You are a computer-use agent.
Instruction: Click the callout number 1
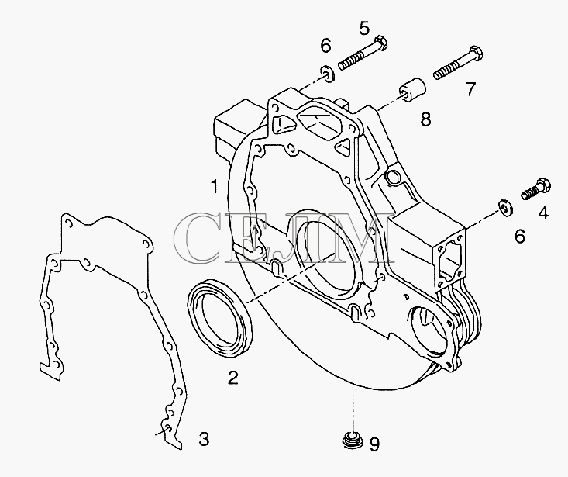(215, 187)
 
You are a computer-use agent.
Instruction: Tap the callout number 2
(233, 377)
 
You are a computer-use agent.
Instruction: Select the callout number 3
(204, 439)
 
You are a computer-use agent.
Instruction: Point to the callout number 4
(543, 213)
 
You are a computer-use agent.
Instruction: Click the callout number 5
(365, 28)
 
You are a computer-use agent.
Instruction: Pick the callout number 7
(470, 89)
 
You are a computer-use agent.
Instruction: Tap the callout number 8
(426, 119)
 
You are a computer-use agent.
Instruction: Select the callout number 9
(374, 444)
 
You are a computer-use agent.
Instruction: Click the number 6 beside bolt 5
(325, 46)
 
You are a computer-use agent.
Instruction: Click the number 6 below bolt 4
(520, 237)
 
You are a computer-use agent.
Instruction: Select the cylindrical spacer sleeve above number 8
(412, 89)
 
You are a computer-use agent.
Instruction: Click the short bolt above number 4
(536, 188)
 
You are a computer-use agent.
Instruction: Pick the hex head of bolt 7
(474, 54)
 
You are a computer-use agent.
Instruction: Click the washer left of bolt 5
(328, 74)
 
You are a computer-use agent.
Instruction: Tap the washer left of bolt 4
(505, 206)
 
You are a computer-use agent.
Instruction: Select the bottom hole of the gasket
(167, 429)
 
